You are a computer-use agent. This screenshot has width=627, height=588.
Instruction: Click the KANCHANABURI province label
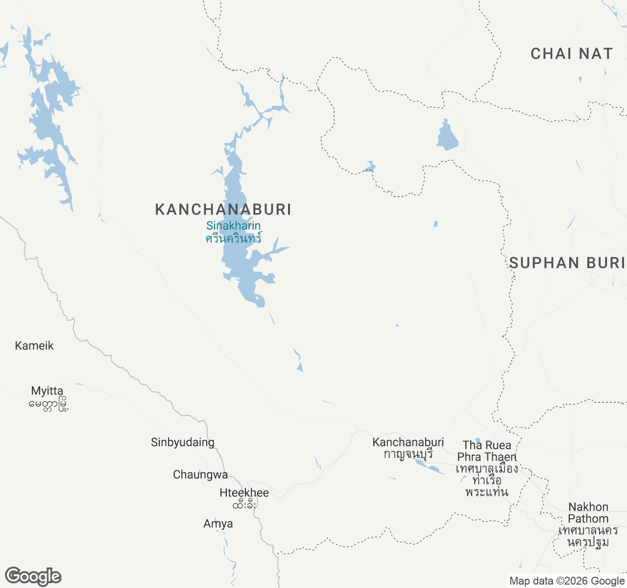pyautogui.click(x=223, y=209)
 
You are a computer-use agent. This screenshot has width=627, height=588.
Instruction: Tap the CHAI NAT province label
pyautogui.click(x=572, y=53)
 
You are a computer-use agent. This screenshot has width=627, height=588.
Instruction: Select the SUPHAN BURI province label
pyautogui.click(x=567, y=263)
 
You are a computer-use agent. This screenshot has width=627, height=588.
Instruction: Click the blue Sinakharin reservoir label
pyautogui.click(x=234, y=226)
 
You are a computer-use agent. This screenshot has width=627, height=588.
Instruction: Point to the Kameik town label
pyautogui.click(x=34, y=345)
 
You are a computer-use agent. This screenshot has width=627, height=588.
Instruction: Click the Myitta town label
pyautogui.click(x=47, y=391)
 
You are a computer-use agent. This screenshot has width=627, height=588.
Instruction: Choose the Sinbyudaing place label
pyautogui.click(x=183, y=442)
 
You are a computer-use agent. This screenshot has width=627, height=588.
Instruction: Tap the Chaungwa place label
pyautogui.click(x=200, y=474)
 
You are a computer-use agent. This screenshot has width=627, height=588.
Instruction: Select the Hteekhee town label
pyautogui.click(x=244, y=492)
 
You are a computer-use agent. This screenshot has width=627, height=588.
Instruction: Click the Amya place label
pyautogui.click(x=218, y=523)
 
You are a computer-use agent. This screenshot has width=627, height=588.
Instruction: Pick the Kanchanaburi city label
pyautogui.click(x=408, y=442)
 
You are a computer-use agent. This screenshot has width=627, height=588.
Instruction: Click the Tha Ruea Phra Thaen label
pyautogui.click(x=487, y=451)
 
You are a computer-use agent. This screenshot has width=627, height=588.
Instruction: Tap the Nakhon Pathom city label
pyautogui.click(x=588, y=513)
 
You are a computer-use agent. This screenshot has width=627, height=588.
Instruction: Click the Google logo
pyautogui.click(x=33, y=577)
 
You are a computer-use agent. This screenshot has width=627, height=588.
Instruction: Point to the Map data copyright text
pyautogui.click(x=567, y=581)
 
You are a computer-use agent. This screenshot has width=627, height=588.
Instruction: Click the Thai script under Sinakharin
pyautogui.click(x=234, y=239)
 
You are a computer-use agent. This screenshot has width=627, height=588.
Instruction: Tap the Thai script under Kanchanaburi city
pyautogui.click(x=408, y=454)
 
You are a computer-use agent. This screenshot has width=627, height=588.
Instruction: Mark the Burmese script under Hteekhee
pyautogui.click(x=244, y=504)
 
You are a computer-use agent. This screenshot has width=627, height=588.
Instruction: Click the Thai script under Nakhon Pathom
pyautogui.click(x=588, y=536)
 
